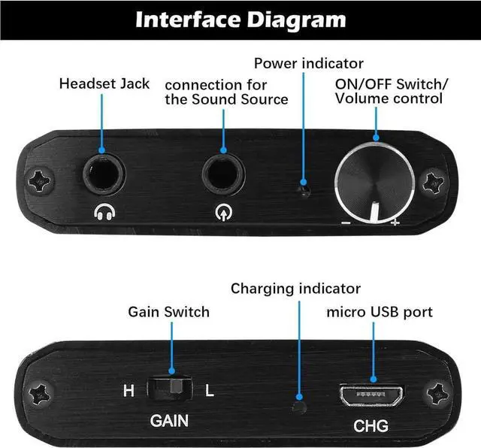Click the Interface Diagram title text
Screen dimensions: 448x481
pos(240,19)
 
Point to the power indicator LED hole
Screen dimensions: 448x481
pos(303,190)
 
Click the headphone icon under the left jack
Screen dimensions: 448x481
pos(104,213)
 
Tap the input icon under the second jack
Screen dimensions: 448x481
pos(223,213)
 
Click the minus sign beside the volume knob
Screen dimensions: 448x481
pos(345,223)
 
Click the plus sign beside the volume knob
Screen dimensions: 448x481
pos(395,223)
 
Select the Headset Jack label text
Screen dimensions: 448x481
pos(104,83)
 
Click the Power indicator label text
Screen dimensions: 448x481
pos(308,64)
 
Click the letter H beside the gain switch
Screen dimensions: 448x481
pos(129,391)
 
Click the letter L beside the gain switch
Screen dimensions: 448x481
pos(209,391)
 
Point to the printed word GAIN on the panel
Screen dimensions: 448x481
pos(169,421)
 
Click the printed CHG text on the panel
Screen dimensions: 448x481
pos(371,426)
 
